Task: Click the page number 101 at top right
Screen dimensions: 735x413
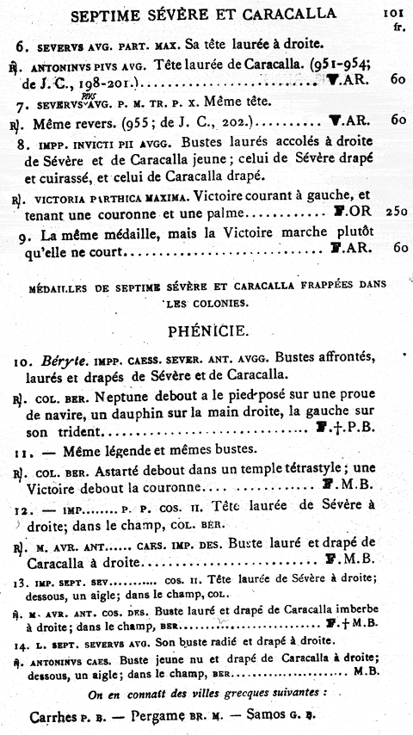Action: pos(390,13)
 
